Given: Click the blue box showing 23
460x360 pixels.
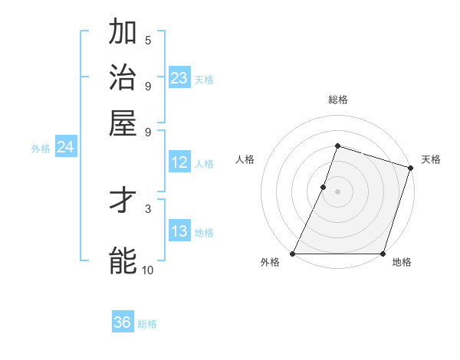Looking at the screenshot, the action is click(x=179, y=78).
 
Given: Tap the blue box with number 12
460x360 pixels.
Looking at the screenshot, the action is click(x=179, y=162).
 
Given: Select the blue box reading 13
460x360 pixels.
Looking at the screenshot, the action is click(x=179, y=231).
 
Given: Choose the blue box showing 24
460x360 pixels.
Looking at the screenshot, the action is click(x=65, y=147).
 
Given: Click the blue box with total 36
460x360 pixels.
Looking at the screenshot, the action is click(x=123, y=322).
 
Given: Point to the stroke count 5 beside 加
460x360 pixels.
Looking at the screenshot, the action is click(x=148, y=40).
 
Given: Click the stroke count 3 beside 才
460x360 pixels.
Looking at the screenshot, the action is click(x=148, y=208).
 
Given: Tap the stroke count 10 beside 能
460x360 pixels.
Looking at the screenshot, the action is click(x=148, y=270).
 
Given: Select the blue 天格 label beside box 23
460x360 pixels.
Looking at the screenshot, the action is click(x=204, y=79).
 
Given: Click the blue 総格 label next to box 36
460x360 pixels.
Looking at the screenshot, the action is click(x=147, y=324).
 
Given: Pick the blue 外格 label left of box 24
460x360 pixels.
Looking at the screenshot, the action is click(x=41, y=149).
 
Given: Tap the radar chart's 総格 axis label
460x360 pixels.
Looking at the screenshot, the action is click(x=338, y=100).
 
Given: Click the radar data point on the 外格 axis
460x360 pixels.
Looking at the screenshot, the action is click(x=293, y=254).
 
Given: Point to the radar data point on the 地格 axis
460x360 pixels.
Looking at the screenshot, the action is click(x=383, y=254).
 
